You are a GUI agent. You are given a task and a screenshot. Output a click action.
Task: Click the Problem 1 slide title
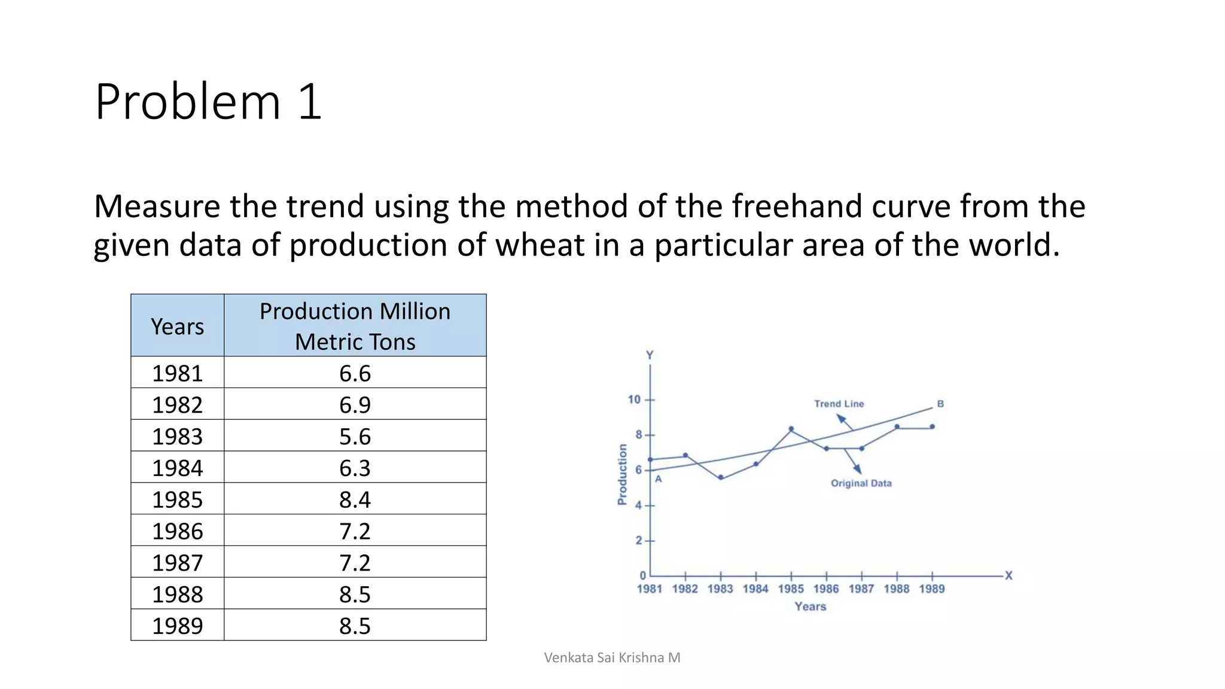[208, 102]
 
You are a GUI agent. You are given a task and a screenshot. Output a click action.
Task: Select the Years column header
[177, 327]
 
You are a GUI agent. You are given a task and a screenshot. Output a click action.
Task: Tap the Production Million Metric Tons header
[355, 327]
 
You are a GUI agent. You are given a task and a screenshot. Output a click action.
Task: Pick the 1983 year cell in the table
[177, 436]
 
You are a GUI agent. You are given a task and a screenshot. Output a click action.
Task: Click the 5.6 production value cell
[355, 436]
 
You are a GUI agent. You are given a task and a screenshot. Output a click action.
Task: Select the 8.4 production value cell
[355, 499]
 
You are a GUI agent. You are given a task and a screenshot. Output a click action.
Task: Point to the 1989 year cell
[177, 626]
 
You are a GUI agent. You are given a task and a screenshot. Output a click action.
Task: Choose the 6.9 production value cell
[355, 405]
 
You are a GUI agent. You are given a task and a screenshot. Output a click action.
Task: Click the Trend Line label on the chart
[839, 404]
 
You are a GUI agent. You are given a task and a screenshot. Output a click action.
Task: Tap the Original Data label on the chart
[861, 483]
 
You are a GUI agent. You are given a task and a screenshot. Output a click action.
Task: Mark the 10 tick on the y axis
[634, 400]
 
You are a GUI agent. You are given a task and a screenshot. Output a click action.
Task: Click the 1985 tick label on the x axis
[791, 589]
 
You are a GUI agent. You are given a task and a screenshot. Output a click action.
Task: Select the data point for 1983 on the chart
[721, 477]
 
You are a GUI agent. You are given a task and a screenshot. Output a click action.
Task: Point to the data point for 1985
[791, 429]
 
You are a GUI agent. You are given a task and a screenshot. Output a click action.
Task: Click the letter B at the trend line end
[940, 404]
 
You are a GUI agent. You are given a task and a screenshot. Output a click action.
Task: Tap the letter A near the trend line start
[658, 479]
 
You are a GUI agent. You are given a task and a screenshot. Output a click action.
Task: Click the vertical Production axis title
[622, 474]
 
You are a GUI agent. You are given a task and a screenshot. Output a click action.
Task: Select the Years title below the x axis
[810, 606]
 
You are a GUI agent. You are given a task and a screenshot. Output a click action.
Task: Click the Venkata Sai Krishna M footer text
[612, 658]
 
